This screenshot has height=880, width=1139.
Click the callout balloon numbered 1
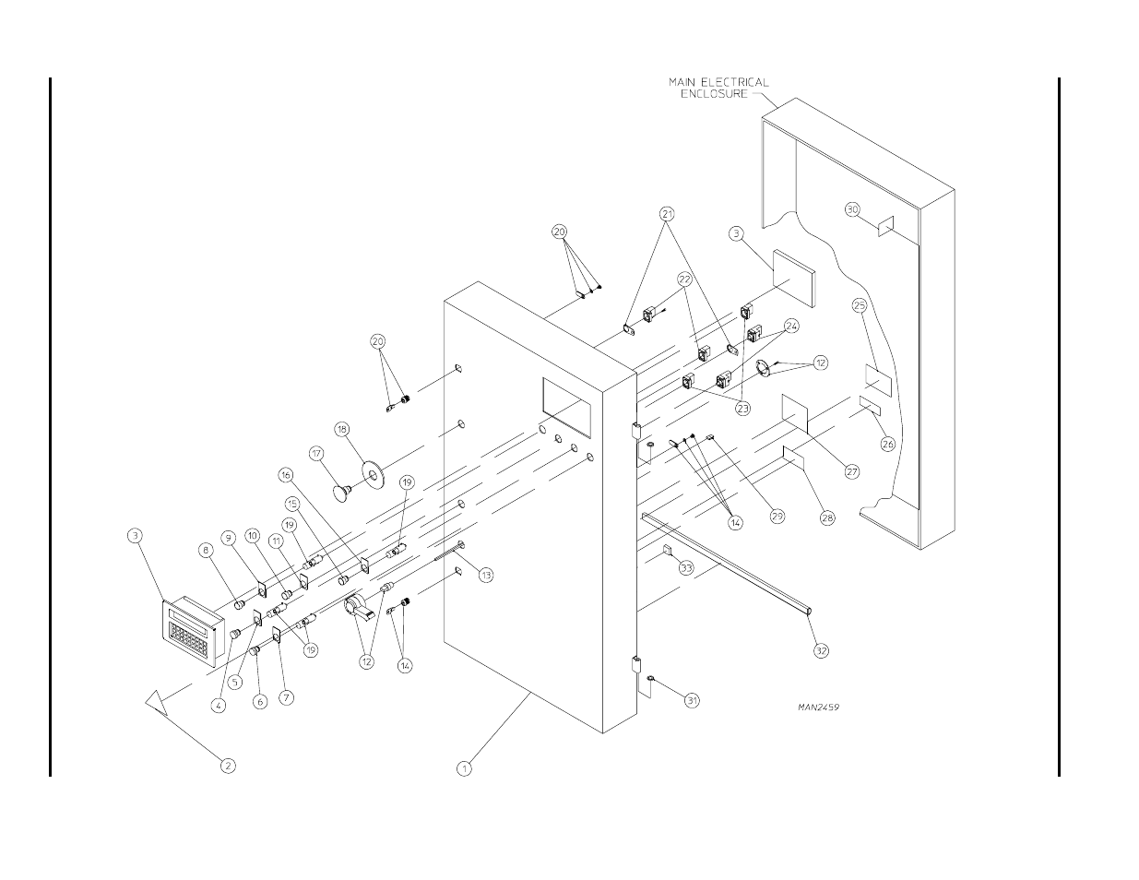point(464,769)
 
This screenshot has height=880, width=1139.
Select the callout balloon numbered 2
point(228,766)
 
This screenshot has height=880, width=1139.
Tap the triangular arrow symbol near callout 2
point(157,703)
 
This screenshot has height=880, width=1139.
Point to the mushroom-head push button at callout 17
point(343,493)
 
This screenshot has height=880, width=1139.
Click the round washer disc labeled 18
point(374,475)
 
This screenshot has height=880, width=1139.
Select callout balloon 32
point(822,650)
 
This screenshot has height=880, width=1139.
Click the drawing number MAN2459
point(818,707)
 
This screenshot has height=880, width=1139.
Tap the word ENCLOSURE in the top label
point(714,94)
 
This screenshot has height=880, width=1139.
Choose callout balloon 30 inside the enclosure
point(852,209)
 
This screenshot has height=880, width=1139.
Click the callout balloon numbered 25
point(860,305)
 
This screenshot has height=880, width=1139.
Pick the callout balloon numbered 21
point(667,214)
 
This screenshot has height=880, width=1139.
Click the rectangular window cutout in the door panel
point(566,407)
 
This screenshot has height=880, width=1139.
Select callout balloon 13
point(486,575)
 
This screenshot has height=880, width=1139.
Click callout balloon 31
point(693,700)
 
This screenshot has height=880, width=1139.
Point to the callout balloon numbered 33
point(686,567)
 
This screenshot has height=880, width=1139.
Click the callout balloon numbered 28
point(827,517)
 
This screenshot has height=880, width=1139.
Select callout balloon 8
point(206,550)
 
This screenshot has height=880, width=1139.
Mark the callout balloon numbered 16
point(286,475)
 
